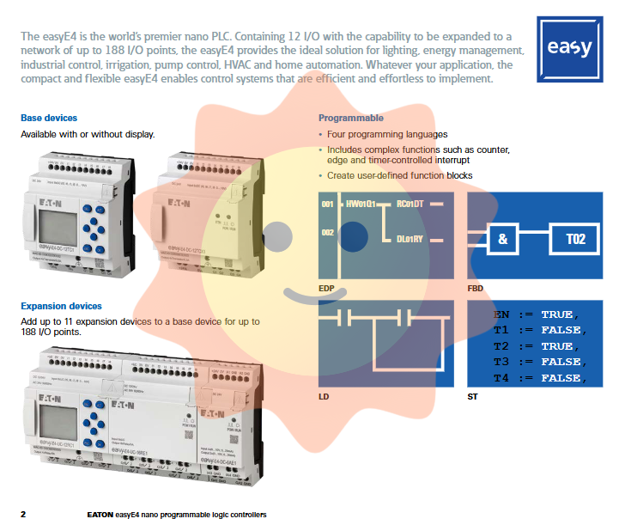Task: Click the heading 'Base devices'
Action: [x=49, y=118]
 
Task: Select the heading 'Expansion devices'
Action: [x=61, y=306]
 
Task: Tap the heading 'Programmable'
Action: [x=350, y=118]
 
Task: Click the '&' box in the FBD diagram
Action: [x=503, y=239]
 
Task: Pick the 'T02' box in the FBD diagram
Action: [x=575, y=239]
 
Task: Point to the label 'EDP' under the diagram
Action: [x=326, y=288]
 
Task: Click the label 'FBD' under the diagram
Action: [x=475, y=288]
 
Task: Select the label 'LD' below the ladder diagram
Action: [x=324, y=397]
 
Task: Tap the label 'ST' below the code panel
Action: [x=473, y=397]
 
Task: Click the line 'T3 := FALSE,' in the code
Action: [x=538, y=362]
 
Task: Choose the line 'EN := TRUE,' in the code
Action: [x=537, y=314]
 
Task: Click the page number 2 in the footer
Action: [x=23, y=515]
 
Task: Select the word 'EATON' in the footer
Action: [x=100, y=515]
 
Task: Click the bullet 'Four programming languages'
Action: [x=387, y=134]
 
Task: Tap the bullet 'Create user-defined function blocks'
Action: [x=399, y=175]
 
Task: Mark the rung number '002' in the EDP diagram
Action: [x=327, y=232]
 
